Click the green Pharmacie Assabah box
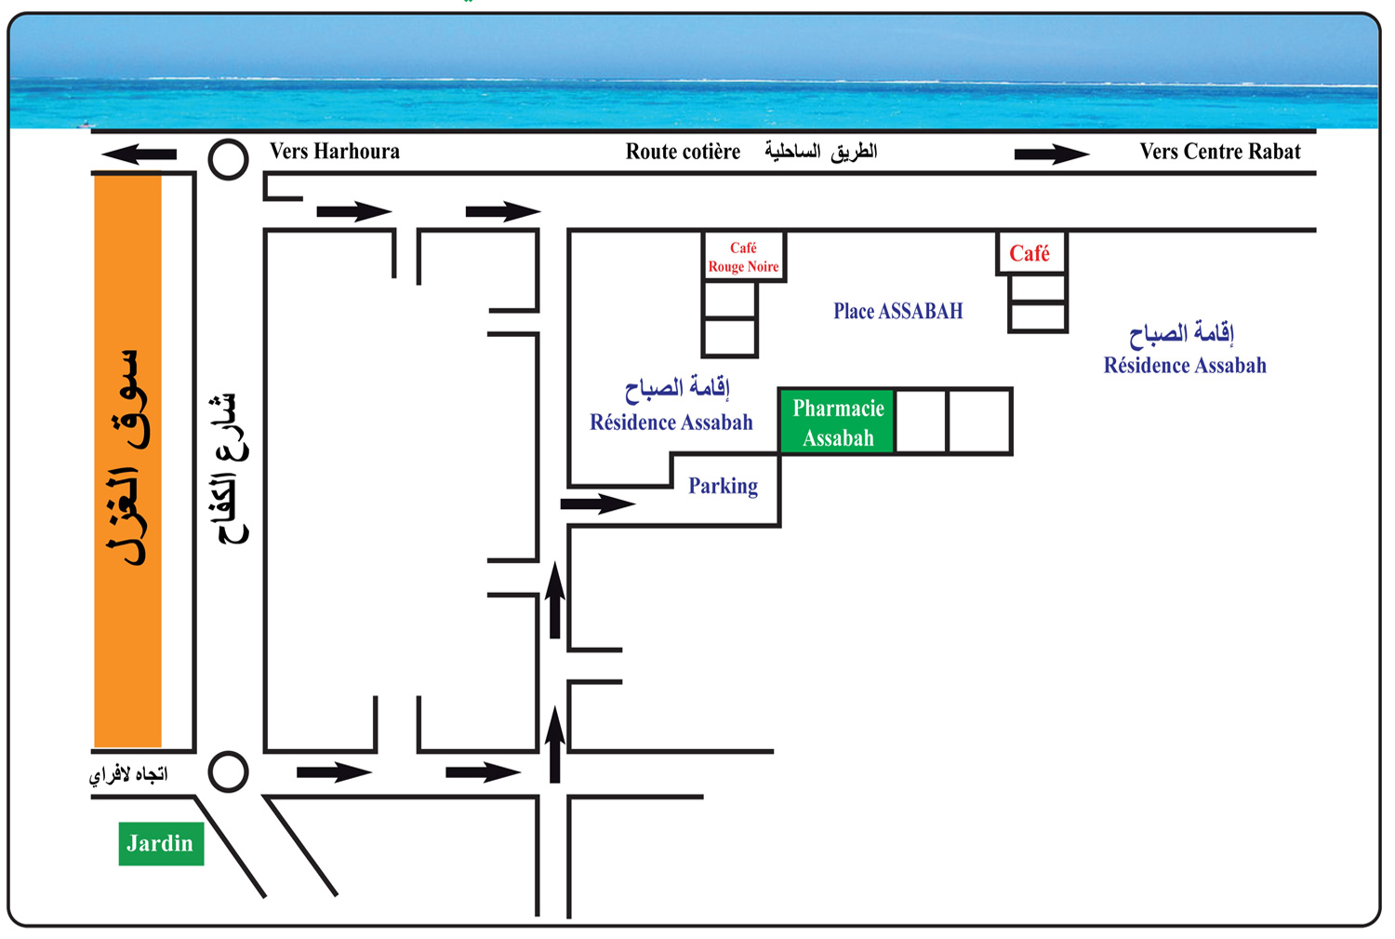836,422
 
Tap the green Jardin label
161,844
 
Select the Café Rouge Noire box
744,257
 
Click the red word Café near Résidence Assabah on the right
1030,254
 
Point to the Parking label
723,486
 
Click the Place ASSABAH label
898,311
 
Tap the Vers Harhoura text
335,152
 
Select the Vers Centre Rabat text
1220,152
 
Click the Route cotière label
683,152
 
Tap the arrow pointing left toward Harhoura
139,154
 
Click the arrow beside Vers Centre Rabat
1052,154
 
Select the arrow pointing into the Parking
598,503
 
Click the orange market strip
127,461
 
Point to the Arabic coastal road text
821,152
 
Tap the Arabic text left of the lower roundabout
128,774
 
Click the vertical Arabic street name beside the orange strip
232,468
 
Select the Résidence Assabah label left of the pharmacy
671,405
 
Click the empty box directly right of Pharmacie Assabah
921,422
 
